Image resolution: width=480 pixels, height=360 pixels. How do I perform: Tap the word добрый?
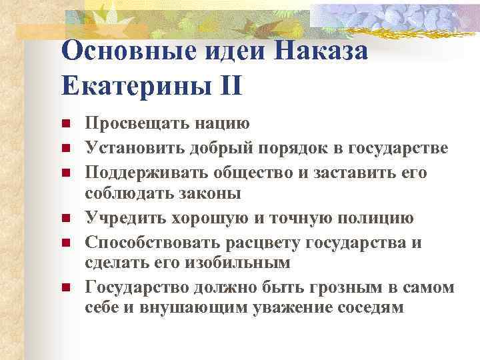tap(225, 147)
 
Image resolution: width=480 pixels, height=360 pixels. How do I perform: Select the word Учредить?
tap(123, 218)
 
